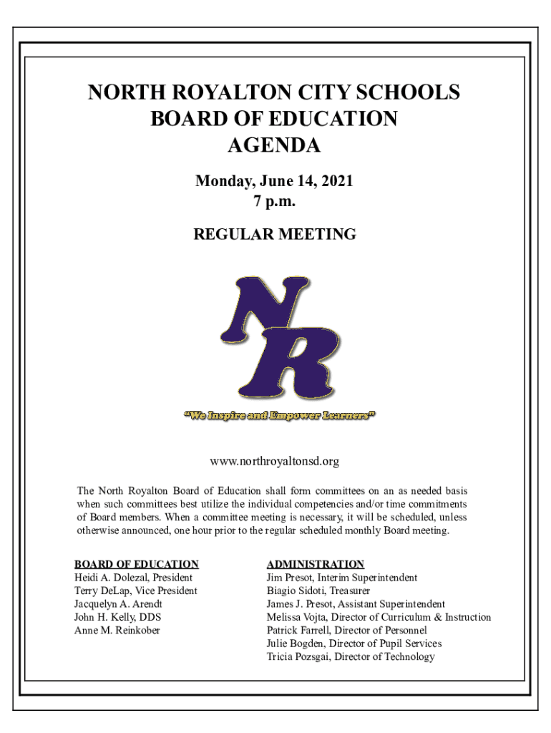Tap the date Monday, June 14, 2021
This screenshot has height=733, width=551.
[274, 182]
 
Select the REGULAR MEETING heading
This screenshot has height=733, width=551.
[275, 234]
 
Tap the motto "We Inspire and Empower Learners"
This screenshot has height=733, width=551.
[280, 415]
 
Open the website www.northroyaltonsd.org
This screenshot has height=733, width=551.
[274, 462]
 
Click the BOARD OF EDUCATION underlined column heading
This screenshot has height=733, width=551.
[137, 564]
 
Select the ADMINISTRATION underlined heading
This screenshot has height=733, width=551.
[316, 564]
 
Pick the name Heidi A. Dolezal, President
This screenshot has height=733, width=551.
[133, 578]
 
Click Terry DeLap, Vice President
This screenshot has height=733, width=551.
[136, 591]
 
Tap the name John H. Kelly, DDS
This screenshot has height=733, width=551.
[113, 617]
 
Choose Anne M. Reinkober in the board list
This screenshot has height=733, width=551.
[117, 631]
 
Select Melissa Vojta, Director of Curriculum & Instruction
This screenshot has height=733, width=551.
[379, 617]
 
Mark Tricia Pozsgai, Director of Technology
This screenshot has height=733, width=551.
[351, 656]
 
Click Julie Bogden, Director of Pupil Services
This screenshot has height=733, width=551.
[354, 644]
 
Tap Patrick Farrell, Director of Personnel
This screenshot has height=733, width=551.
[347, 631]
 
